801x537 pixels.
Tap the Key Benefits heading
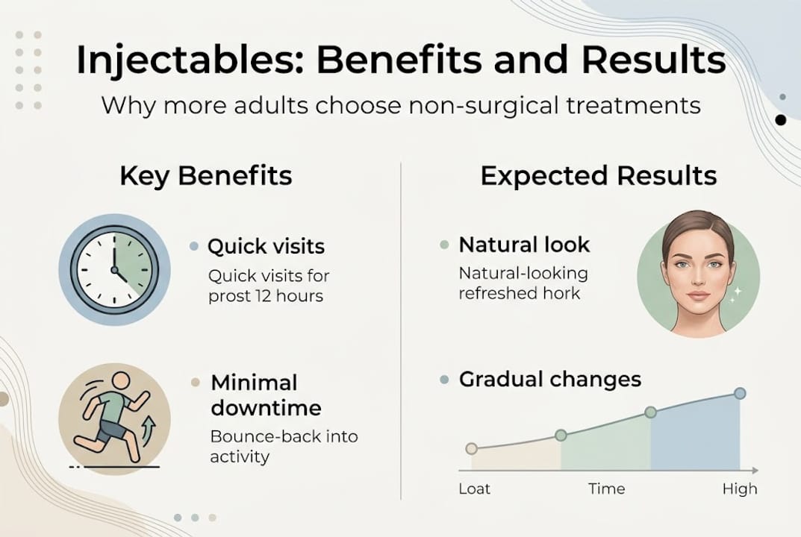pos(205,176)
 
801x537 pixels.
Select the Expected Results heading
pos(598,176)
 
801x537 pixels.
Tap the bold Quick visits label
pos(266,246)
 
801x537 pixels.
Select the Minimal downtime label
pos(266,395)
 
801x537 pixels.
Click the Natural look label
pos(524,245)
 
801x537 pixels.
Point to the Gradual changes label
pos(549,379)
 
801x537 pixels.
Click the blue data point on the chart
pos(740,393)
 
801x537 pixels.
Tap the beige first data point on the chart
pos(471,448)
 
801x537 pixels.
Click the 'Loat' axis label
pos(474,489)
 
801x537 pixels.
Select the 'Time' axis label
pos(606,489)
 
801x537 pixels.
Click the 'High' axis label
pos(739,489)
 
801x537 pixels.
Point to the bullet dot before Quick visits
pos(194,246)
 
